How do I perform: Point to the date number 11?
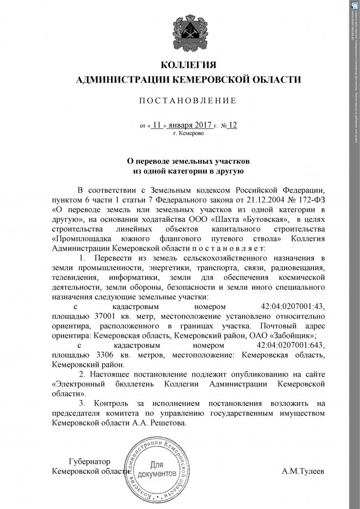pyautogui.click(x=156, y=125)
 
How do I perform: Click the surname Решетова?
pyautogui.click(x=169, y=422)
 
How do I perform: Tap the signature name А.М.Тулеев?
pyautogui.click(x=302, y=471)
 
